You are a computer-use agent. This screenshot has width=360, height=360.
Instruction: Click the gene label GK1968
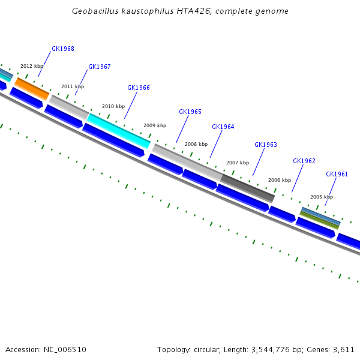pos(63,49)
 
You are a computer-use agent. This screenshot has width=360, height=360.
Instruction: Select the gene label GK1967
pos(100,67)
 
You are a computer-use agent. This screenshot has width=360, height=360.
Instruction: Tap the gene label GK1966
pos(139,88)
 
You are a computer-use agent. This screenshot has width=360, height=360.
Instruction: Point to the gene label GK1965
pos(190,112)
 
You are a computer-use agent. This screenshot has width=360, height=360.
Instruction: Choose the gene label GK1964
pos(223,127)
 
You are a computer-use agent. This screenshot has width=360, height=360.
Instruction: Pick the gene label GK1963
pos(266,145)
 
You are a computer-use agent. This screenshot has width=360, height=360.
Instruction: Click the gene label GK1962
pos(304,161)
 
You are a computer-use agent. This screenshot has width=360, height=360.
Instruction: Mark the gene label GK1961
pos(337,174)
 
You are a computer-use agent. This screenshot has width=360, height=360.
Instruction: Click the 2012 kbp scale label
pos(32,66)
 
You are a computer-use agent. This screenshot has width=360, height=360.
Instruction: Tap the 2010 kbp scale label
pos(113,106)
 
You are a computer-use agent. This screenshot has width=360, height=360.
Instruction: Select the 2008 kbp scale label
pos(196,144)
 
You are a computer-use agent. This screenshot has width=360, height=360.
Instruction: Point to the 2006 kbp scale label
pos(280,180)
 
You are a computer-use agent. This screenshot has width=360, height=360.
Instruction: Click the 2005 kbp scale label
pos(322,197)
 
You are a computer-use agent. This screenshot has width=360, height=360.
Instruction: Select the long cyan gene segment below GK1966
pos(119,130)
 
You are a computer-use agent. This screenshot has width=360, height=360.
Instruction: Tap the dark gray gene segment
pos(248,188)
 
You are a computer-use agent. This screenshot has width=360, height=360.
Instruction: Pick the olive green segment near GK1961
pos(319,220)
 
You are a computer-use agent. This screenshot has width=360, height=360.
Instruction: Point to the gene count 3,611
pos(344,349)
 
